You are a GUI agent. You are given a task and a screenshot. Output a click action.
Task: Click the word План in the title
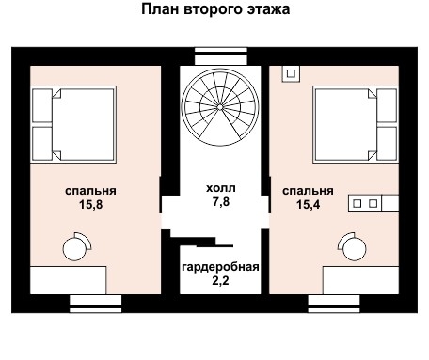[161, 10]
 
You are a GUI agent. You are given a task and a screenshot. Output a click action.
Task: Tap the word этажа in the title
[266, 10]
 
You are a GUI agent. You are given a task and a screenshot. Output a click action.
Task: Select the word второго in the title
[213, 10]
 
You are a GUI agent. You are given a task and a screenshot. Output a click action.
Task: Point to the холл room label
[221, 188]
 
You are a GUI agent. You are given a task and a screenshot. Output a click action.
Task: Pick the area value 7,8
[221, 202]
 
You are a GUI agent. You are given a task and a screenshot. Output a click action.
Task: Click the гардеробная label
[221, 266]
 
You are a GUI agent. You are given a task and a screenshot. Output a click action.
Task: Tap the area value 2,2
[221, 280]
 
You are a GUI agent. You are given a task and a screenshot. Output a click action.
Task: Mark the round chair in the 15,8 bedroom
[75, 247]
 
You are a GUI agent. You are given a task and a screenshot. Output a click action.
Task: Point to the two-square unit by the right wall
[365, 201]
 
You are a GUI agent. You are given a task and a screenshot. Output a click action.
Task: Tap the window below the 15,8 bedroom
[97, 301]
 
